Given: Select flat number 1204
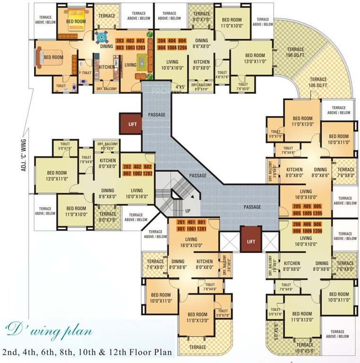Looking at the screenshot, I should tap(182, 48).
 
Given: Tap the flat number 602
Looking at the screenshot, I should tap(147, 167).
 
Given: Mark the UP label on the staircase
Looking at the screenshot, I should tap(188, 211).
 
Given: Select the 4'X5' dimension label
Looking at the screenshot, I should tap(180, 87).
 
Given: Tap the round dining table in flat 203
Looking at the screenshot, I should tap(102, 36).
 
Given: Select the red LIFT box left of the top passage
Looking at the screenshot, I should tap(131, 124).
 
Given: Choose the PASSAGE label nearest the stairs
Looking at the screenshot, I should tap(197, 176).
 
